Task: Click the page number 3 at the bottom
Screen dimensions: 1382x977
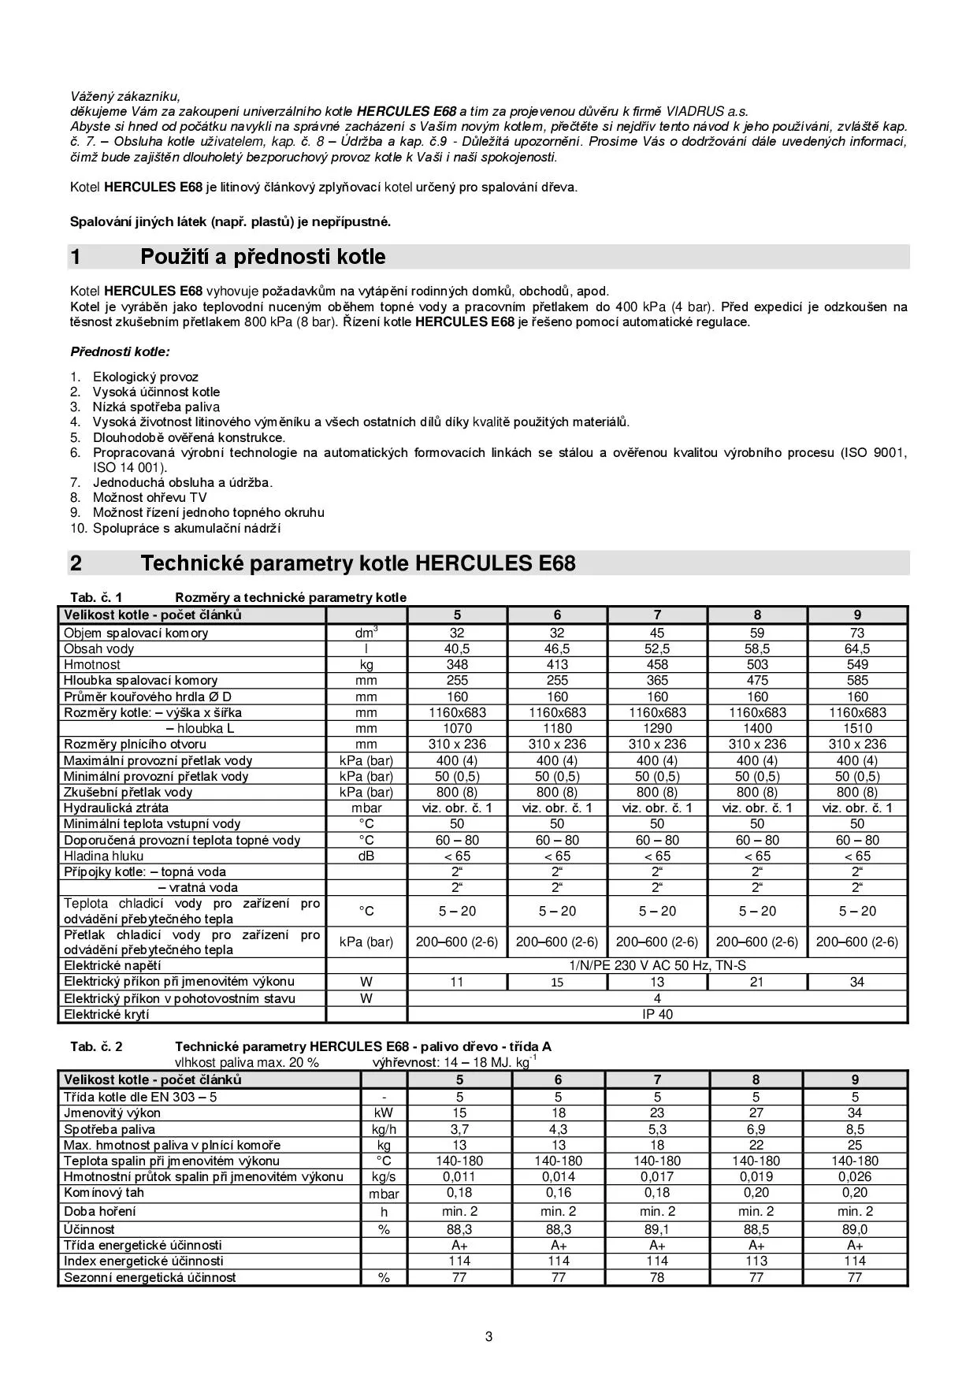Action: pyautogui.click(x=489, y=1336)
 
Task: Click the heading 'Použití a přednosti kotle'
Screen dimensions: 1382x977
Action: pyautogui.click(x=262, y=257)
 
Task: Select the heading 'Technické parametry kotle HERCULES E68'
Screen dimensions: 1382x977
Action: pyautogui.click(x=358, y=563)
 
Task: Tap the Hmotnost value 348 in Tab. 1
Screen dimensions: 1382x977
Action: pyautogui.click(x=457, y=665)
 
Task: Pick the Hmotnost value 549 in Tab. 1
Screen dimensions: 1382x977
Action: pyautogui.click(x=857, y=665)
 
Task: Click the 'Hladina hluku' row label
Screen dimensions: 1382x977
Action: pyautogui.click(x=104, y=856)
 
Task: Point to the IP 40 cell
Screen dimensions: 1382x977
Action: pyautogui.click(x=657, y=1014)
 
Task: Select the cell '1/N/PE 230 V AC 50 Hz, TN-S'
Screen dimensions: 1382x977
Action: pyautogui.click(x=657, y=965)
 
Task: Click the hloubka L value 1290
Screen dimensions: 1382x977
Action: pyautogui.click(x=657, y=728)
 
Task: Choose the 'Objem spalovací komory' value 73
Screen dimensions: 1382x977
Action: pyautogui.click(x=857, y=633)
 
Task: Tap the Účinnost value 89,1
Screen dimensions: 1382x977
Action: pyautogui.click(x=657, y=1229)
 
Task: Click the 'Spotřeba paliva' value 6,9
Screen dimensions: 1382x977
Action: pyautogui.click(x=756, y=1129)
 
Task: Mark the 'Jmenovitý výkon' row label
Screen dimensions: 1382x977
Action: pyautogui.click(x=113, y=1113)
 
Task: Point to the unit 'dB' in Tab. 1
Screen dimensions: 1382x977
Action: pyautogui.click(x=366, y=856)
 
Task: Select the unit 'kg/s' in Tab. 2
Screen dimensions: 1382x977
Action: pyautogui.click(x=384, y=1176)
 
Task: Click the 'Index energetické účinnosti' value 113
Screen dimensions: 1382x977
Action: pyautogui.click(x=756, y=1261)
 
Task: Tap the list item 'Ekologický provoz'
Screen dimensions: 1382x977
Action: pyautogui.click(x=146, y=377)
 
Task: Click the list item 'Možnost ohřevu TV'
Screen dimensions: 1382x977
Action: pyautogui.click(x=150, y=497)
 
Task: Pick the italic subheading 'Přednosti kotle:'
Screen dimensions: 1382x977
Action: pyautogui.click(x=120, y=351)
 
